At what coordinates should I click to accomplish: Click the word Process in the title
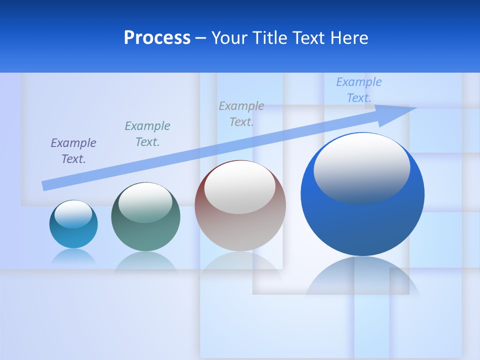(x=157, y=38)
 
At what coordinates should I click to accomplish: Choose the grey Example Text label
(x=241, y=113)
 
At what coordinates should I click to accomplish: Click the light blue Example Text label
(x=359, y=90)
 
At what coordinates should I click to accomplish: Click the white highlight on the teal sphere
(x=145, y=202)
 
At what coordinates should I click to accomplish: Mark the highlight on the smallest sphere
(x=73, y=214)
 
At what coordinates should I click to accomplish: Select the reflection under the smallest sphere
(x=73, y=256)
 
